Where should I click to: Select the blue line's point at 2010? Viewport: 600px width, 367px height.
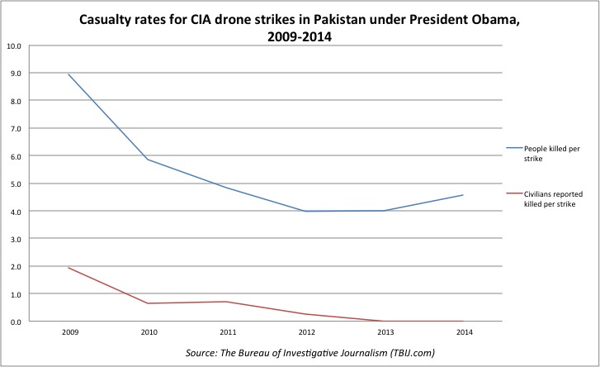pos(146,159)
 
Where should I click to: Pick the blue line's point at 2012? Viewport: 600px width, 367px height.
pos(305,211)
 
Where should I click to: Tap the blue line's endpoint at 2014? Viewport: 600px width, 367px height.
pos(463,195)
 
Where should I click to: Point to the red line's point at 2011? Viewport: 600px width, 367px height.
pos(225,302)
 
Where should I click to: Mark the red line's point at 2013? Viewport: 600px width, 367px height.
pos(384,321)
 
